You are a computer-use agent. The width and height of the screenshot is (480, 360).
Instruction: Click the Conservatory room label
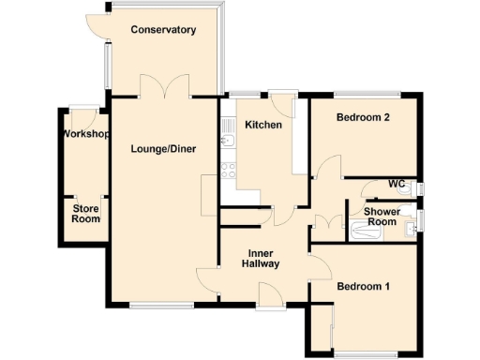[x=163, y=30]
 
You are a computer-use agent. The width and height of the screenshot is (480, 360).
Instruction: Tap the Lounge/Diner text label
[x=163, y=148]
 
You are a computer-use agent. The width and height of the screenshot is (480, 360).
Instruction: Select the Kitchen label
[x=263, y=125]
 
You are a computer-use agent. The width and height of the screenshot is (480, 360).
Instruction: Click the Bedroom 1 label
[x=364, y=286]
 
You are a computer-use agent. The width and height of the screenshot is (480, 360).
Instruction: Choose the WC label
[x=397, y=184]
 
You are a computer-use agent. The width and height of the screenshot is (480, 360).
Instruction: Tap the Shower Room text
[x=382, y=217]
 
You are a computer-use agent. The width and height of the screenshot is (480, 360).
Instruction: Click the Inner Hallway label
[x=262, y=259]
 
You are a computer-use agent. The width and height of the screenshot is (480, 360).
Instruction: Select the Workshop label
[x=85, y=135]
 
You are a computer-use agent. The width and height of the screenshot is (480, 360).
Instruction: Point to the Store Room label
[x=85, y=214]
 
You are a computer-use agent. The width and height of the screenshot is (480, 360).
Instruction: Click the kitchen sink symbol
[x=227, y=142]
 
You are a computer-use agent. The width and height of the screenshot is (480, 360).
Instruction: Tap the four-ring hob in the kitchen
[x=227, y=171]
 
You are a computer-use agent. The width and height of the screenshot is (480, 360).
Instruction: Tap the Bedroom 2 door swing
[x=324, y=170]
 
